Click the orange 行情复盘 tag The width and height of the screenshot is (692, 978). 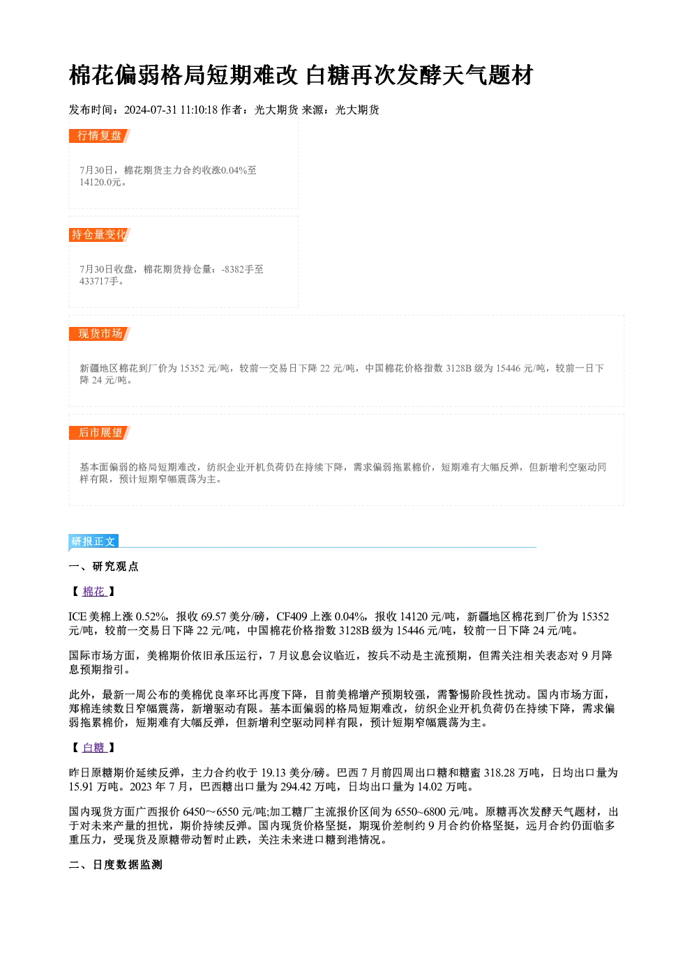point(99,136)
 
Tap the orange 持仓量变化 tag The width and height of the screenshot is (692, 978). point(99,235)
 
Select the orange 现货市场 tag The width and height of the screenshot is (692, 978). point(100,334)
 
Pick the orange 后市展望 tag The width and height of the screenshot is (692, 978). point(100,433)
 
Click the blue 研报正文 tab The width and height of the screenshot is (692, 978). point(93,542)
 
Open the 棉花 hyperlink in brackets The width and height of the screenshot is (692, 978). point(94,592)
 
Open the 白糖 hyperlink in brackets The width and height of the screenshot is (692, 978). point(94,748)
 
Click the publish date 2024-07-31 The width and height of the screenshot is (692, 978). point(150,110)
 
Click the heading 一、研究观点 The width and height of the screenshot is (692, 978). point(103,567)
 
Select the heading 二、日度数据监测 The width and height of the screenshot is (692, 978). point(115,865)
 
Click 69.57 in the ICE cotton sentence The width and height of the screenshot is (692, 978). point(213,617)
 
